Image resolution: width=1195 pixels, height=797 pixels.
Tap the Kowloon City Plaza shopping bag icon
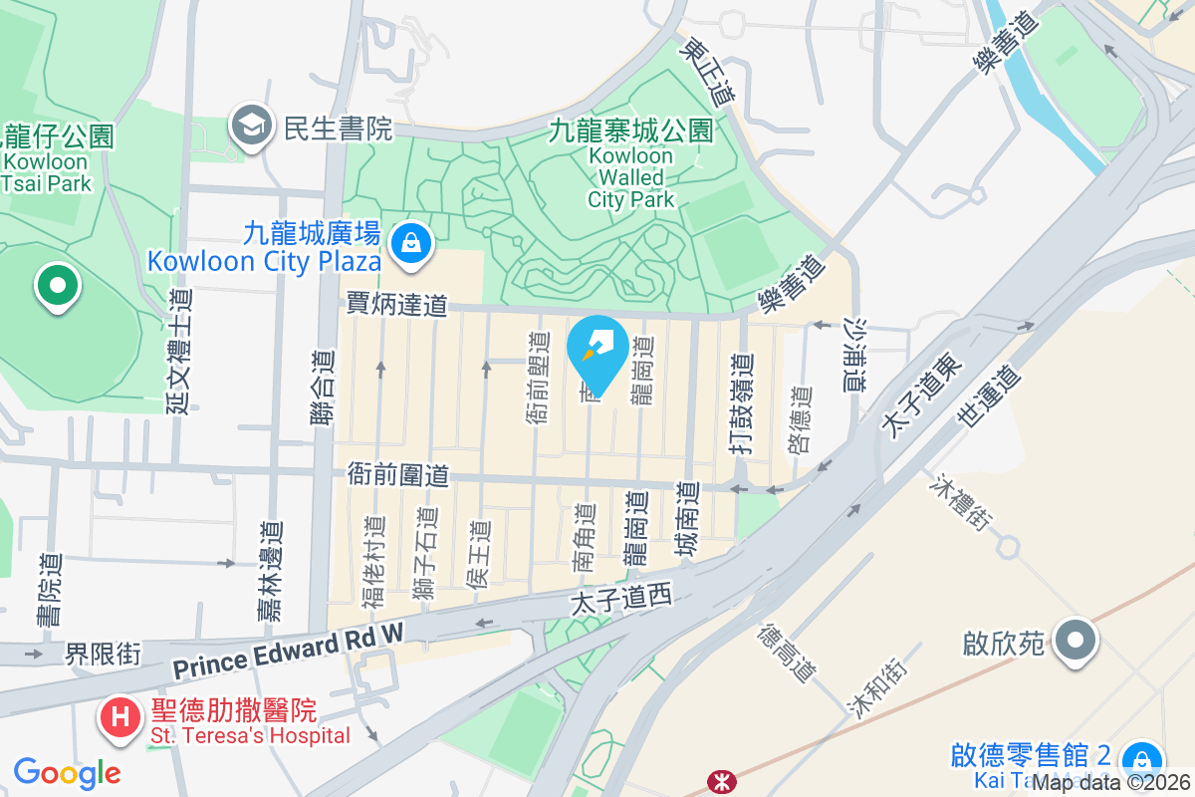coord(409,241)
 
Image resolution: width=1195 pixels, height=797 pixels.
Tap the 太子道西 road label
coord(622,599)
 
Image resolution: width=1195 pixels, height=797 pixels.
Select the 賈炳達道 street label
coord(396,305)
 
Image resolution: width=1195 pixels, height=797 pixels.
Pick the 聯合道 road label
coord(323,390)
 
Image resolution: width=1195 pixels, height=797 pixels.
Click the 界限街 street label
coord(104,655)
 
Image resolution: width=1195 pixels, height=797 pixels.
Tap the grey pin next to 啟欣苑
coord(1076,640)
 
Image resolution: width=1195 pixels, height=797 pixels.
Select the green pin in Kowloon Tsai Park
coord(58,286)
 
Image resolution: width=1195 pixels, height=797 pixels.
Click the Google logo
coord(67,773)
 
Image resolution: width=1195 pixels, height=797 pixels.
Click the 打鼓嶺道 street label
coord(742,404)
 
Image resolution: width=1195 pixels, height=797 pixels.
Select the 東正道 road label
coord(708,72)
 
